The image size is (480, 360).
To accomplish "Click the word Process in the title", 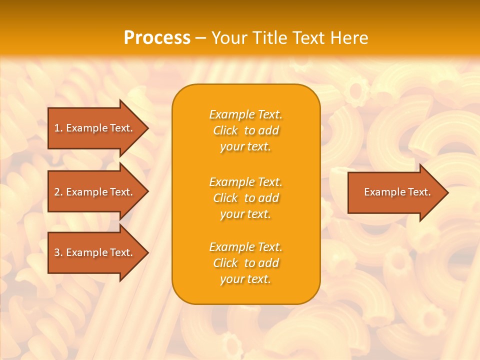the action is tap(157, 38).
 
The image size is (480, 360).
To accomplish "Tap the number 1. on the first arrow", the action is tap(58, 128).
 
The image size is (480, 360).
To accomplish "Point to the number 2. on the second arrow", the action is tap(58, 192).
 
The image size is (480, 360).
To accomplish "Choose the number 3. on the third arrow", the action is tap(58, 252).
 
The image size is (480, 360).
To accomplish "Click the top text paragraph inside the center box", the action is tap(245, 130).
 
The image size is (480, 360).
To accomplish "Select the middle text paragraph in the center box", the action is tap(245, 198).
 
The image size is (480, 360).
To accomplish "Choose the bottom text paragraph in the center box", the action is tap(245, 263).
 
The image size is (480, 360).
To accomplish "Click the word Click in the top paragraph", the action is tap(225, 130).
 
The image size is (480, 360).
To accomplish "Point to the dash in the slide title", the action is tap(201, 38).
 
